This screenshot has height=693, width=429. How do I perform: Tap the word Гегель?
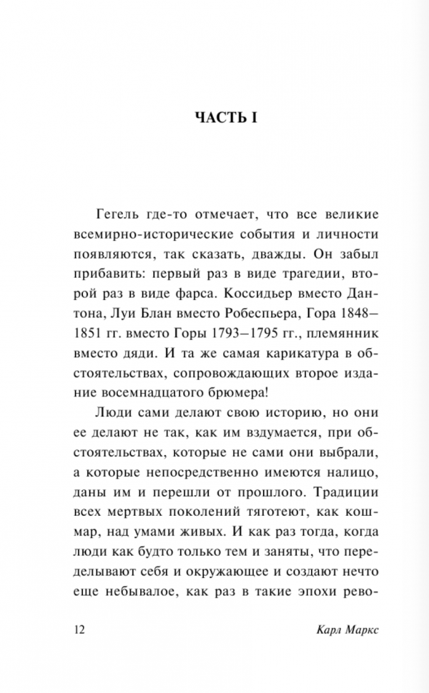(x=114, y=214)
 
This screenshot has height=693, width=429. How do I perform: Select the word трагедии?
(x=272, y=274)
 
